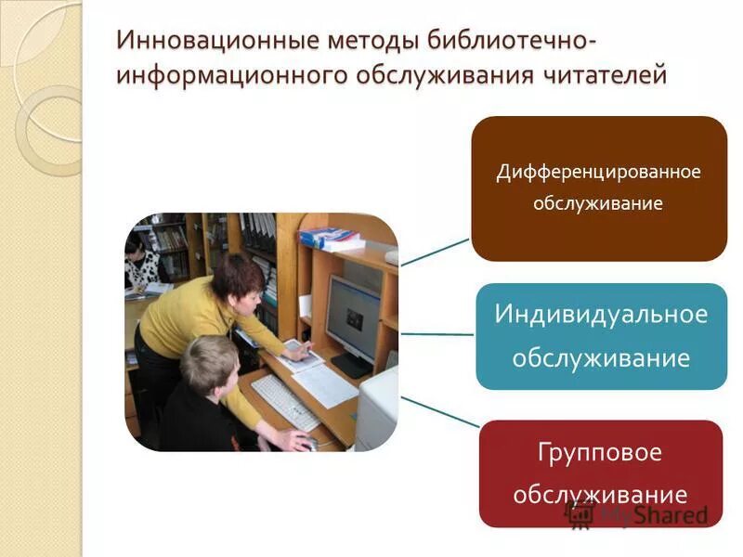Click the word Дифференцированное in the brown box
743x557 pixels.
pos(598,172)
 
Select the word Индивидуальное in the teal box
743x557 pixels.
pos(601,314)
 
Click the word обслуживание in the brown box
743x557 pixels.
pos(598,203)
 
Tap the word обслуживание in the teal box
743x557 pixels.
pos(601,357)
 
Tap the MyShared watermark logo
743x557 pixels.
pos(641,513)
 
